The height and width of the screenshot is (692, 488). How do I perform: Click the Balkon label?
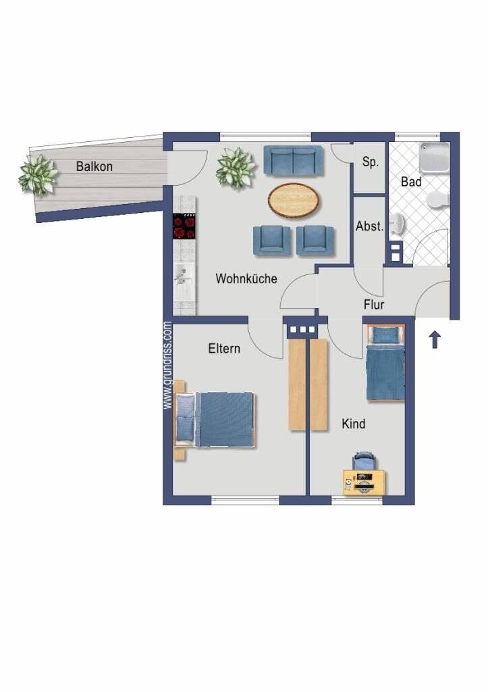coord(94,166)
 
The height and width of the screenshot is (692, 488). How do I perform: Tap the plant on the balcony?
coord(38,174)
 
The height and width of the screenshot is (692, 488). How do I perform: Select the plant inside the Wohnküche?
coord(236,168)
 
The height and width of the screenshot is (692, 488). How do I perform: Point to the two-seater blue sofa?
coord(294,160)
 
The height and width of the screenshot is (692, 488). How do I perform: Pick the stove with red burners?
coord(184,226)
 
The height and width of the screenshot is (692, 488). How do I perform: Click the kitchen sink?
coord(184,274)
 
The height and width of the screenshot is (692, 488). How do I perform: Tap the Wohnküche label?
coord(246,278)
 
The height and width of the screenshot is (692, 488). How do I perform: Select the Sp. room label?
coord(370,163)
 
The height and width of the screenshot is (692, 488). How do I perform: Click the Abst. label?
coord(369,227)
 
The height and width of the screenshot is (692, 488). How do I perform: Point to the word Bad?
coord(411,182)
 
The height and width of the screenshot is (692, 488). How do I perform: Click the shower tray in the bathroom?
coord(434,157)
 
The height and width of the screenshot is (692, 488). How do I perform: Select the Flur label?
coord(374,305)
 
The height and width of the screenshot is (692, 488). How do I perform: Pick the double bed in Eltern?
coord(216,419)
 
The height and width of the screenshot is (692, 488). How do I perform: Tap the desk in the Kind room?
coord(364,483)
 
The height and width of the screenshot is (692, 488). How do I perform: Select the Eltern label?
coord(224,349)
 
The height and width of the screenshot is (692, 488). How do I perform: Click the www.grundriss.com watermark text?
coord(168,365)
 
